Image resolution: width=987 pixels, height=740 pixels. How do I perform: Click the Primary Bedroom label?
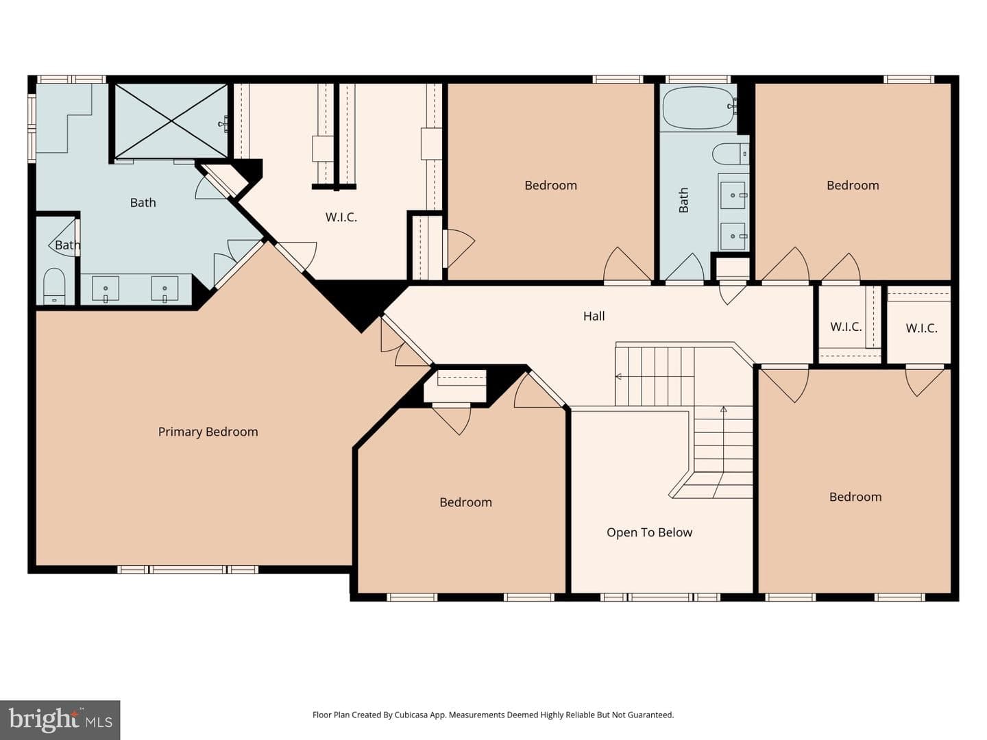tap(208, 432)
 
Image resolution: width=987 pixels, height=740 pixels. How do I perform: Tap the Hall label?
tap(594, 317)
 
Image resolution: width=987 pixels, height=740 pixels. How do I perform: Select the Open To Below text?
tap(649, 532)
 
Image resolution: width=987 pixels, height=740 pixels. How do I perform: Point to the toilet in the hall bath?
tap(730, 154)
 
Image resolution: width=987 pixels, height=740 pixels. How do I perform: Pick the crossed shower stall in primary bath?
tap(171, 121)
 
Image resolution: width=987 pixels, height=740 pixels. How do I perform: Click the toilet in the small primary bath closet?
tap(55, 286)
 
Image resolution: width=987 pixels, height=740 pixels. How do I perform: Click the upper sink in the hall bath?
tap(733, 195)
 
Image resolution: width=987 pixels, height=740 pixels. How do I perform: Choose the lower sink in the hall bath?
tap(733, 236)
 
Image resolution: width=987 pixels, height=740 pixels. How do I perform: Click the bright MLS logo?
tap(60, 719)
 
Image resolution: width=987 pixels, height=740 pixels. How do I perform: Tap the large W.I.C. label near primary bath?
tap(341, 217)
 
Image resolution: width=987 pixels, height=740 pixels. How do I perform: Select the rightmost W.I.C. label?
tap(921, 328)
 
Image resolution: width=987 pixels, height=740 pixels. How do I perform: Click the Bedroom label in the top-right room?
tap(853, 186)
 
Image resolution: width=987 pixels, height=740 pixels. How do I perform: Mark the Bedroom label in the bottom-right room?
tap(855, 497)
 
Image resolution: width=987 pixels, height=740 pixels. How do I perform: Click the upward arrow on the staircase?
tap(724, 452)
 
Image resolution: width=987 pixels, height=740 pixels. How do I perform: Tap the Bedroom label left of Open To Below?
tap(465, 502)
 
